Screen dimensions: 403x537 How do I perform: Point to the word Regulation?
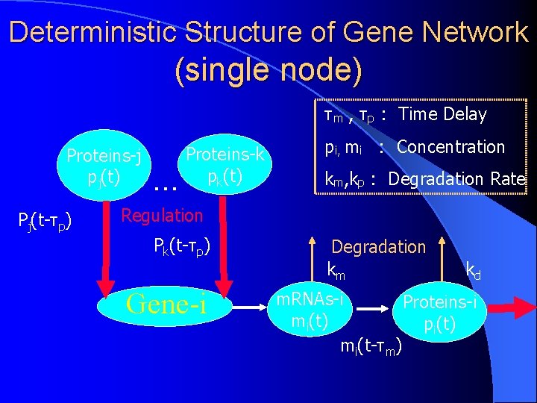(162, 216)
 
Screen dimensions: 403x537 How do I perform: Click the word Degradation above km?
(378, 247)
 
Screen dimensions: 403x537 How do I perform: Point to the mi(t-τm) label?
(371, 347)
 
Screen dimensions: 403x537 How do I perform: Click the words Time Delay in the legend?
(442, 115)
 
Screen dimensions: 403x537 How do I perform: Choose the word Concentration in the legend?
(450, 147)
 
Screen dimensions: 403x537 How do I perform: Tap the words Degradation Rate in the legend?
(456, 179)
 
